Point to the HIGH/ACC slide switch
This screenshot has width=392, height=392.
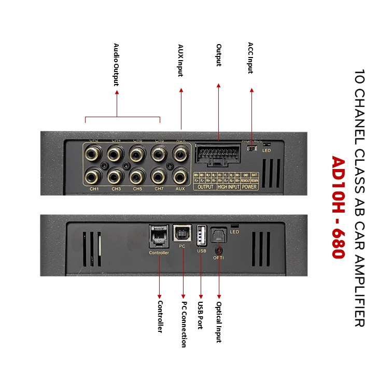[252, 148]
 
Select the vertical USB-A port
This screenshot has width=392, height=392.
[202, 236]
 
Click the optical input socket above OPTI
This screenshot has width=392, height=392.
[219, 237]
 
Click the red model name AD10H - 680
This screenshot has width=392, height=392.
[338, 207]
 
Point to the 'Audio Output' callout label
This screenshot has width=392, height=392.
[117, 65]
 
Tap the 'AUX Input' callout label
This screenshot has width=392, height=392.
[180, 60]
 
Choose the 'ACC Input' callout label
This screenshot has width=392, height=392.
[251, 58]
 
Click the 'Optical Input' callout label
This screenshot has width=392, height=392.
[219, 321]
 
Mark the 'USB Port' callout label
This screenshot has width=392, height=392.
[200, 315]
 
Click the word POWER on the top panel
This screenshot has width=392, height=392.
[249, 187]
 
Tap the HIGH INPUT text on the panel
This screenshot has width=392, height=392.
[229, 187]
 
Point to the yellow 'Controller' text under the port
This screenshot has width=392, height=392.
[159, 253]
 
